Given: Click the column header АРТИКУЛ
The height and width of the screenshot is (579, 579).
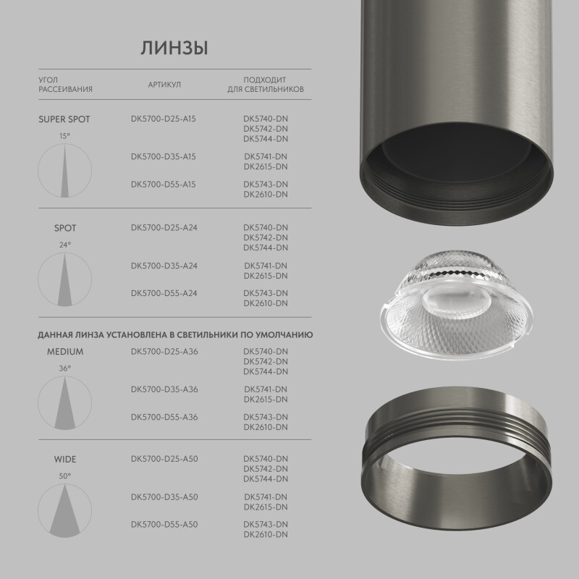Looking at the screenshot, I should point(164,85).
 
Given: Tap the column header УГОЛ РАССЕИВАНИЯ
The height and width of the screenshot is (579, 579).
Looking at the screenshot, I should point(65,85).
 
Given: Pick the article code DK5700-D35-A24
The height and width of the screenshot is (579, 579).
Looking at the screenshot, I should point(164,266).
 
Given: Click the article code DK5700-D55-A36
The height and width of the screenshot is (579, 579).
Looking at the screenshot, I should point(164,417).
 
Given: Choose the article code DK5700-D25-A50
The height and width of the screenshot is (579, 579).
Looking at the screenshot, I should point(164,459).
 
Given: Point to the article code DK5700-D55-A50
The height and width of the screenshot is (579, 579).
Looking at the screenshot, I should point(164,524).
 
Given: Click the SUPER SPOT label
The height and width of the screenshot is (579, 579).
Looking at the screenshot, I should point(64,119).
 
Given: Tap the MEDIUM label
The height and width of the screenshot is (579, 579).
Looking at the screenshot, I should point(65,352).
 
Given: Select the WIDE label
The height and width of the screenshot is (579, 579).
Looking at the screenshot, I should point(65,460).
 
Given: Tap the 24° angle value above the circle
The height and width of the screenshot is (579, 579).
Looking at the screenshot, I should point(65,245).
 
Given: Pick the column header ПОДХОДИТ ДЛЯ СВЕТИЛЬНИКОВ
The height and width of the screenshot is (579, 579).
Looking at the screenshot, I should point(266,85).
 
